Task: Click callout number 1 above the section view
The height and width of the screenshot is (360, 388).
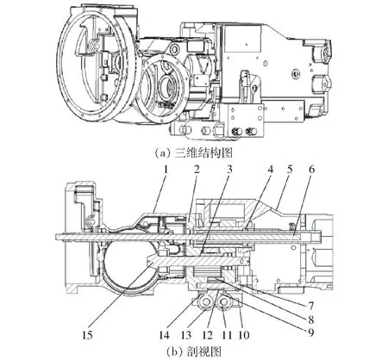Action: (x=165, y=170)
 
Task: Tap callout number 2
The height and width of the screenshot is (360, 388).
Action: (x=197, y=170)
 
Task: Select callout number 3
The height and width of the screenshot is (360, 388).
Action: (x=229, y=170)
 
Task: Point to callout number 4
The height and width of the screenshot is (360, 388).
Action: (x=270, y=170)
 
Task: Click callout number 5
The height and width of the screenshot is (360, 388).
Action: (x=290, y=170)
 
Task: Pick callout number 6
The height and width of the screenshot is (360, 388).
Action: (x=311, y=170)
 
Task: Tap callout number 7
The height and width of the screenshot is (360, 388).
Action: (x=310, y=306)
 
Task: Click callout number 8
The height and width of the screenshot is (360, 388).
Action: (x=310, y=320)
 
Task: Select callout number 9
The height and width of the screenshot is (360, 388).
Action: (x=310, y=332)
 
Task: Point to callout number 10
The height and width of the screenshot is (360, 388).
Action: (x=244, y=335)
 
